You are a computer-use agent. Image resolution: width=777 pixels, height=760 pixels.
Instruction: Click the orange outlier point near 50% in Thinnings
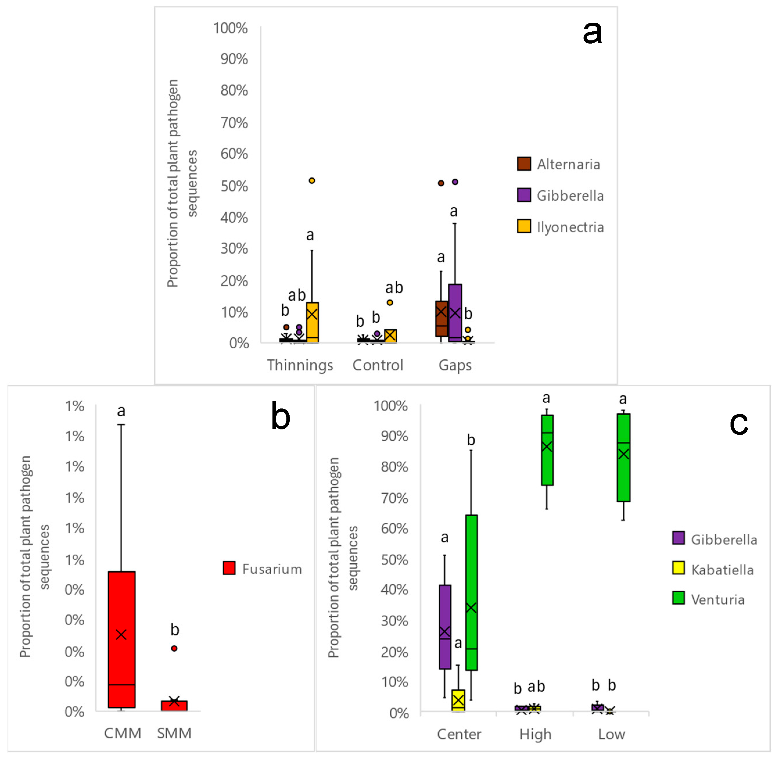pos(312,180)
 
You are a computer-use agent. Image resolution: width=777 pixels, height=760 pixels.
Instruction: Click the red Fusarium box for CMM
pos(122,639)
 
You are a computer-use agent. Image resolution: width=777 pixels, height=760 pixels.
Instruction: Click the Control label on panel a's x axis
pos(378,365)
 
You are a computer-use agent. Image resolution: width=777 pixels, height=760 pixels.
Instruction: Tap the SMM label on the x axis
pos(174,733)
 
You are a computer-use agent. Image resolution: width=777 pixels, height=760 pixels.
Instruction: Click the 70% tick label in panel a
pos(234,123)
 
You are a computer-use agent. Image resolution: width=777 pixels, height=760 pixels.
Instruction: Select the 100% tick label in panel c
pos(390,406)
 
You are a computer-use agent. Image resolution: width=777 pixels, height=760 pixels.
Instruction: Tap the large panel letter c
pos(738,423)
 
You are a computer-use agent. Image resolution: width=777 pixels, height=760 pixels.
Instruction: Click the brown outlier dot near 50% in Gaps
pos(441,183)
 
